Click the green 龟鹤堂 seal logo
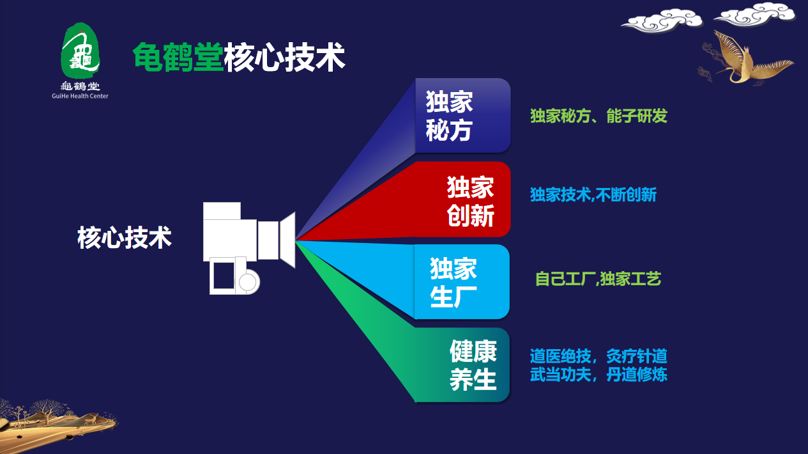pyautogui.click(x=80, y=51)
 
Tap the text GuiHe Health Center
pyautogui.click(x=80, y=96)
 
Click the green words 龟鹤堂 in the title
pyautogui.click(x=178, y=57)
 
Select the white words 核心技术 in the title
pyautogui.click(x=285, y=57)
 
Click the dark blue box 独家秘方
pyautogui.click(x=463, y=116)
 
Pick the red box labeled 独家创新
pyautogui.click(x=463, y=200)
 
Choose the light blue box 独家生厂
pyautogui.click(x=462, y=282)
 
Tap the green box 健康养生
pyautogui.click(x=462, y=364)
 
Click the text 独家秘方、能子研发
pyautogui.click(x=598, y=116)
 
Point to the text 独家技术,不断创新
pyautogui.click(x=593, y=194)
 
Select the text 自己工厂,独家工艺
pyautogui.click(x=598, y=279)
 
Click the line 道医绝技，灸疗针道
pyautogui.click(x=598, y=356)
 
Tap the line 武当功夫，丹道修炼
pyautogui.click(x=598, y=374)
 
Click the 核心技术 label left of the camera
pyautogui.click(x=125, y=238)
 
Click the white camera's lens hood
pyautogui.click(x=287, y=240)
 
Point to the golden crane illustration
pyautogui.click(x=747, y=58)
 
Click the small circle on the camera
pyautogui.click(x=247, y=282)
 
